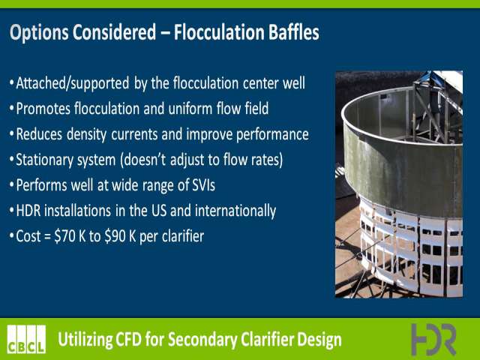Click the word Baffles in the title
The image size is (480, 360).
(294, 32)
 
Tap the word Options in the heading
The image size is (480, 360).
(40, 33)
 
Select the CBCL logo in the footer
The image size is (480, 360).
(26, 339)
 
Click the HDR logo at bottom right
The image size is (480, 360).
(433, 340)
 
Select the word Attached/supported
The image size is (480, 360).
(73, 83)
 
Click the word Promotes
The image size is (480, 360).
(43, 109)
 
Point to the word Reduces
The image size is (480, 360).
(39, 134)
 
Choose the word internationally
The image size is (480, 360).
(235, 211)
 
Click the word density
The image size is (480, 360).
(87, 135)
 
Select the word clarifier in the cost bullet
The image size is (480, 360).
(183, 236)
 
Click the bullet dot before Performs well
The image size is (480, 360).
(12, 185)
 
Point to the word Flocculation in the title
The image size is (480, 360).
(219, 32)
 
